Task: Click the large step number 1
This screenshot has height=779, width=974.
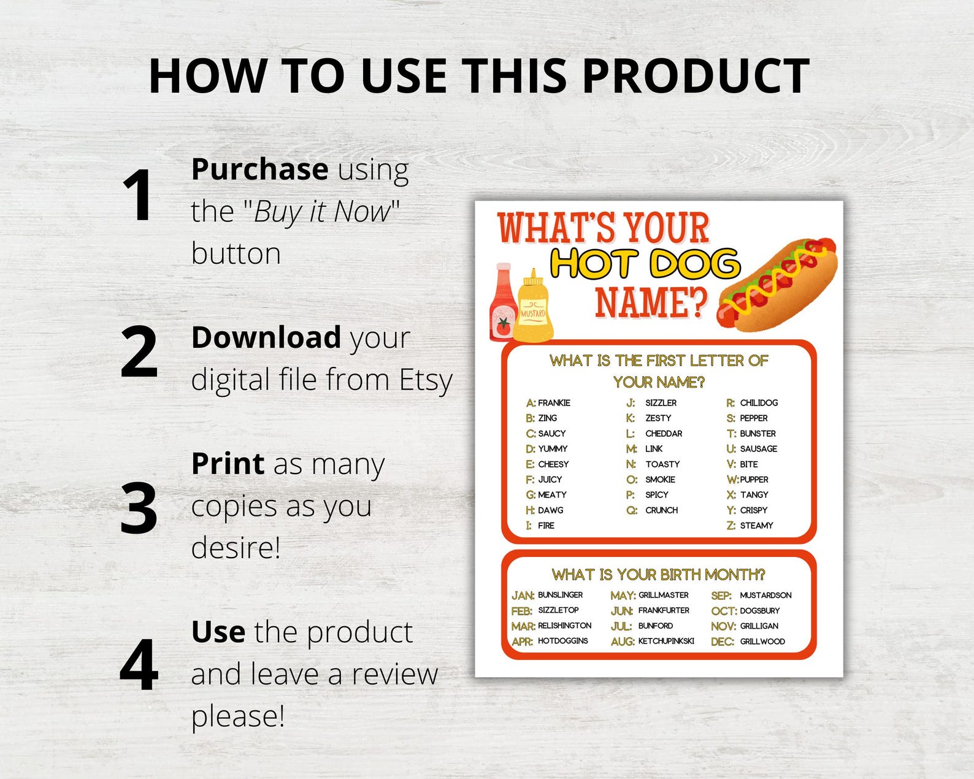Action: point(139,196)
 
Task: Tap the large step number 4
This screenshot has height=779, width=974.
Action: point(139,665)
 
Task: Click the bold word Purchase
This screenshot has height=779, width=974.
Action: point(259,169)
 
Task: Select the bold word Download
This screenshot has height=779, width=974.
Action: point(266,337)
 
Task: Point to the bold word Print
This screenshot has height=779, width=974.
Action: point(228,463)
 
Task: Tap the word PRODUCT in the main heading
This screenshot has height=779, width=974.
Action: point(696,76)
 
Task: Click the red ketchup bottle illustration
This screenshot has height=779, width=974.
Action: point(501,304)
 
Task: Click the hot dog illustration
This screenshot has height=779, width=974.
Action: point(777,284)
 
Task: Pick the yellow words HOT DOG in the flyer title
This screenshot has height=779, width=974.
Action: point(645,264)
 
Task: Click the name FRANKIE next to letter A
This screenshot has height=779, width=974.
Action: point(554,403)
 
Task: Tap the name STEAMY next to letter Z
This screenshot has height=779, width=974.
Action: point(756,526)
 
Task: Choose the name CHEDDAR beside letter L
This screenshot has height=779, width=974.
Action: point(664,434)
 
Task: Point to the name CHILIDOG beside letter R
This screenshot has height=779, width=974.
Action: point(759,403)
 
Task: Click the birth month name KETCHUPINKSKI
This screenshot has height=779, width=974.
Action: point(666,641)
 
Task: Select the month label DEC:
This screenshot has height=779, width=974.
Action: point(723,642)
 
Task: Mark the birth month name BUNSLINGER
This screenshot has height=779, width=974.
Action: point(560,595)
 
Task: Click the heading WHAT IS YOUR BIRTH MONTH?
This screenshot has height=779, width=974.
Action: point(658,575)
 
